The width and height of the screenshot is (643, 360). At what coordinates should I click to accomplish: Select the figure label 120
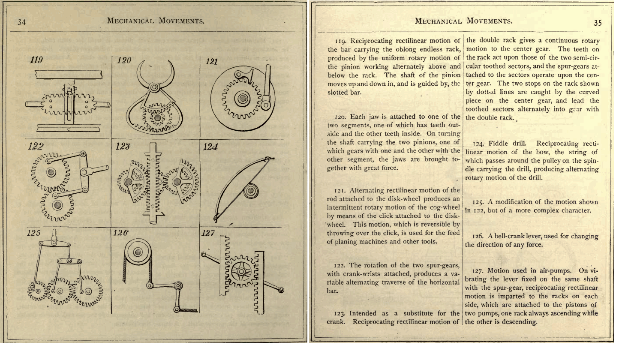123,60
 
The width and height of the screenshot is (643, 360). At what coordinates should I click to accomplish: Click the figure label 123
123,147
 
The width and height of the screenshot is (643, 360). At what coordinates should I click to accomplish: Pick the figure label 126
121,234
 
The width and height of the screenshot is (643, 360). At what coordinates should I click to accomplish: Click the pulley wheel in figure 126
138,252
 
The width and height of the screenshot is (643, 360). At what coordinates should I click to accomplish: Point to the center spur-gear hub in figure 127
239,272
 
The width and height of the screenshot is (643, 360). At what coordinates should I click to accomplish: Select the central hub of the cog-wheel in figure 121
243,99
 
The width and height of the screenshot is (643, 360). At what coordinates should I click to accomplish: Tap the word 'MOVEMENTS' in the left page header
180,21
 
